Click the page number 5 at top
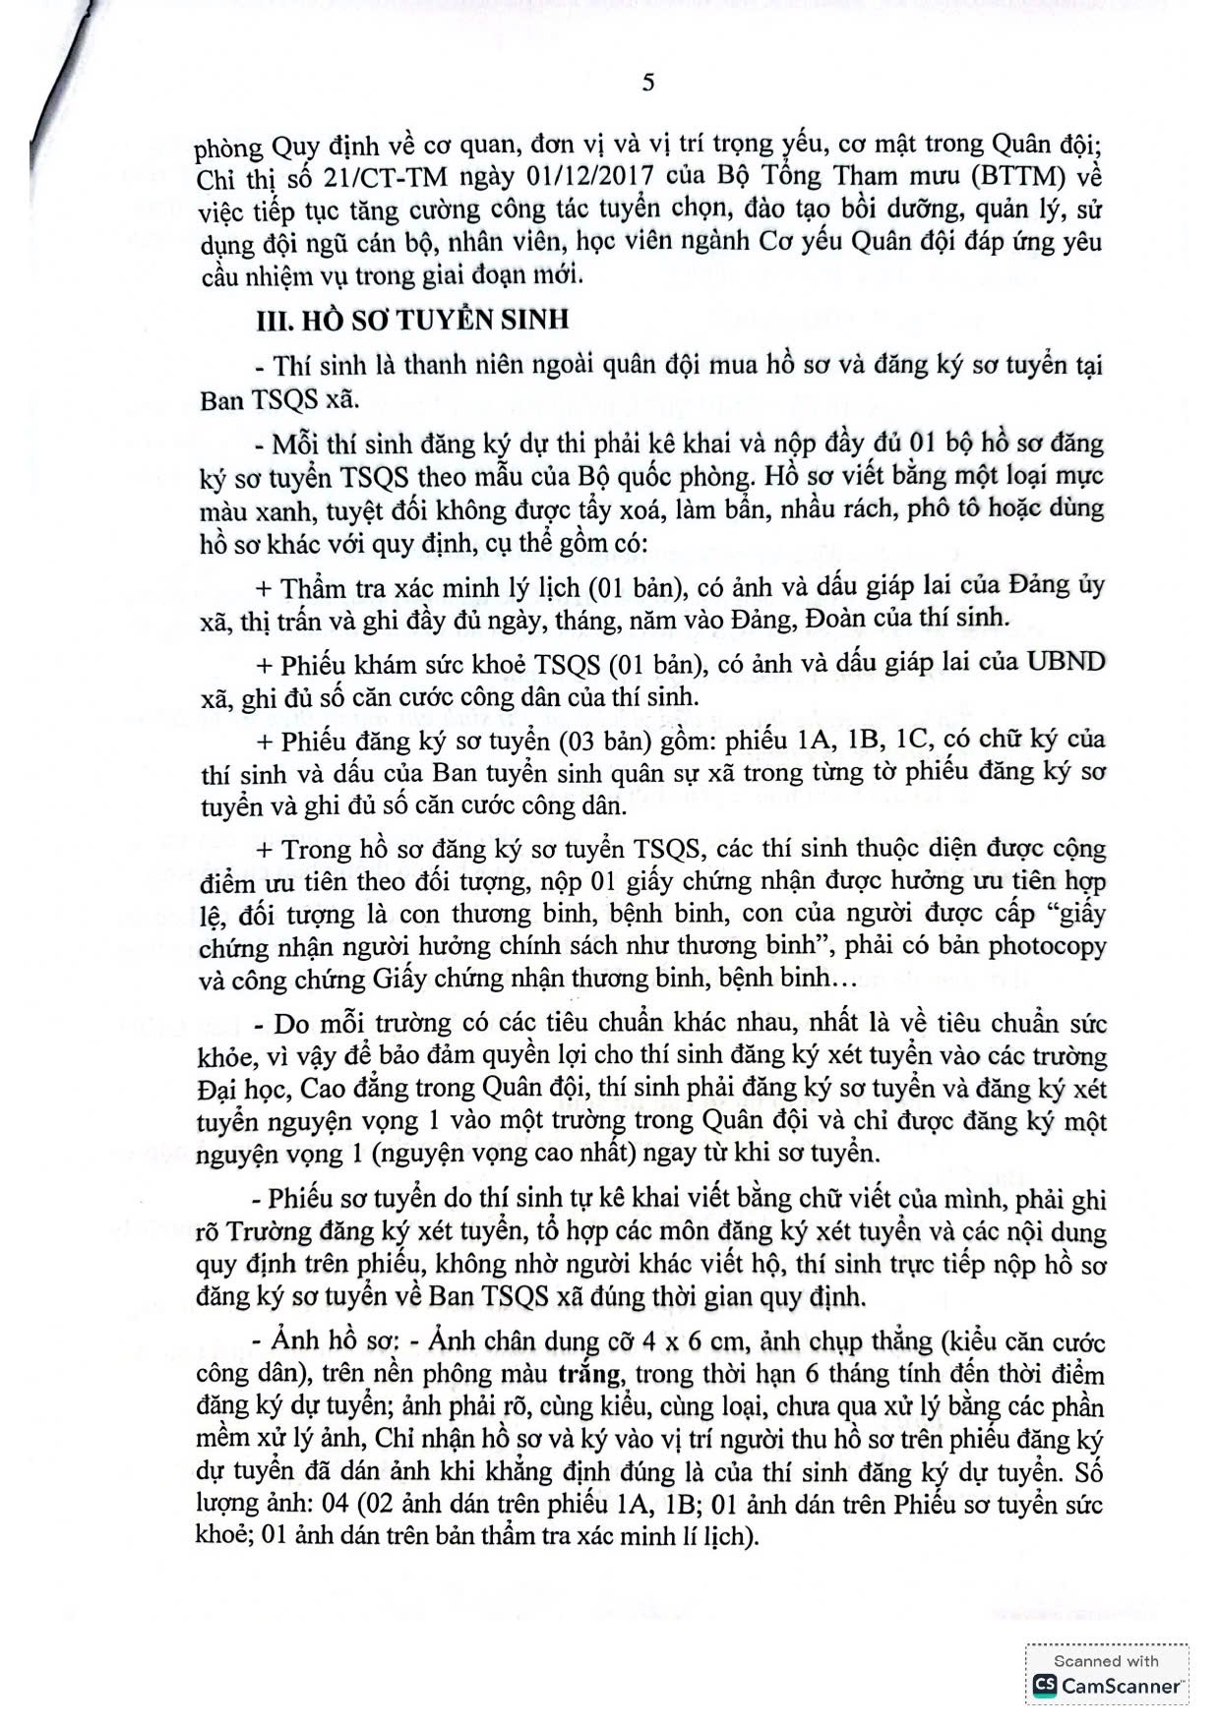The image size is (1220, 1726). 647,83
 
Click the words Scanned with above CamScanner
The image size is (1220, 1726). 1106,1661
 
